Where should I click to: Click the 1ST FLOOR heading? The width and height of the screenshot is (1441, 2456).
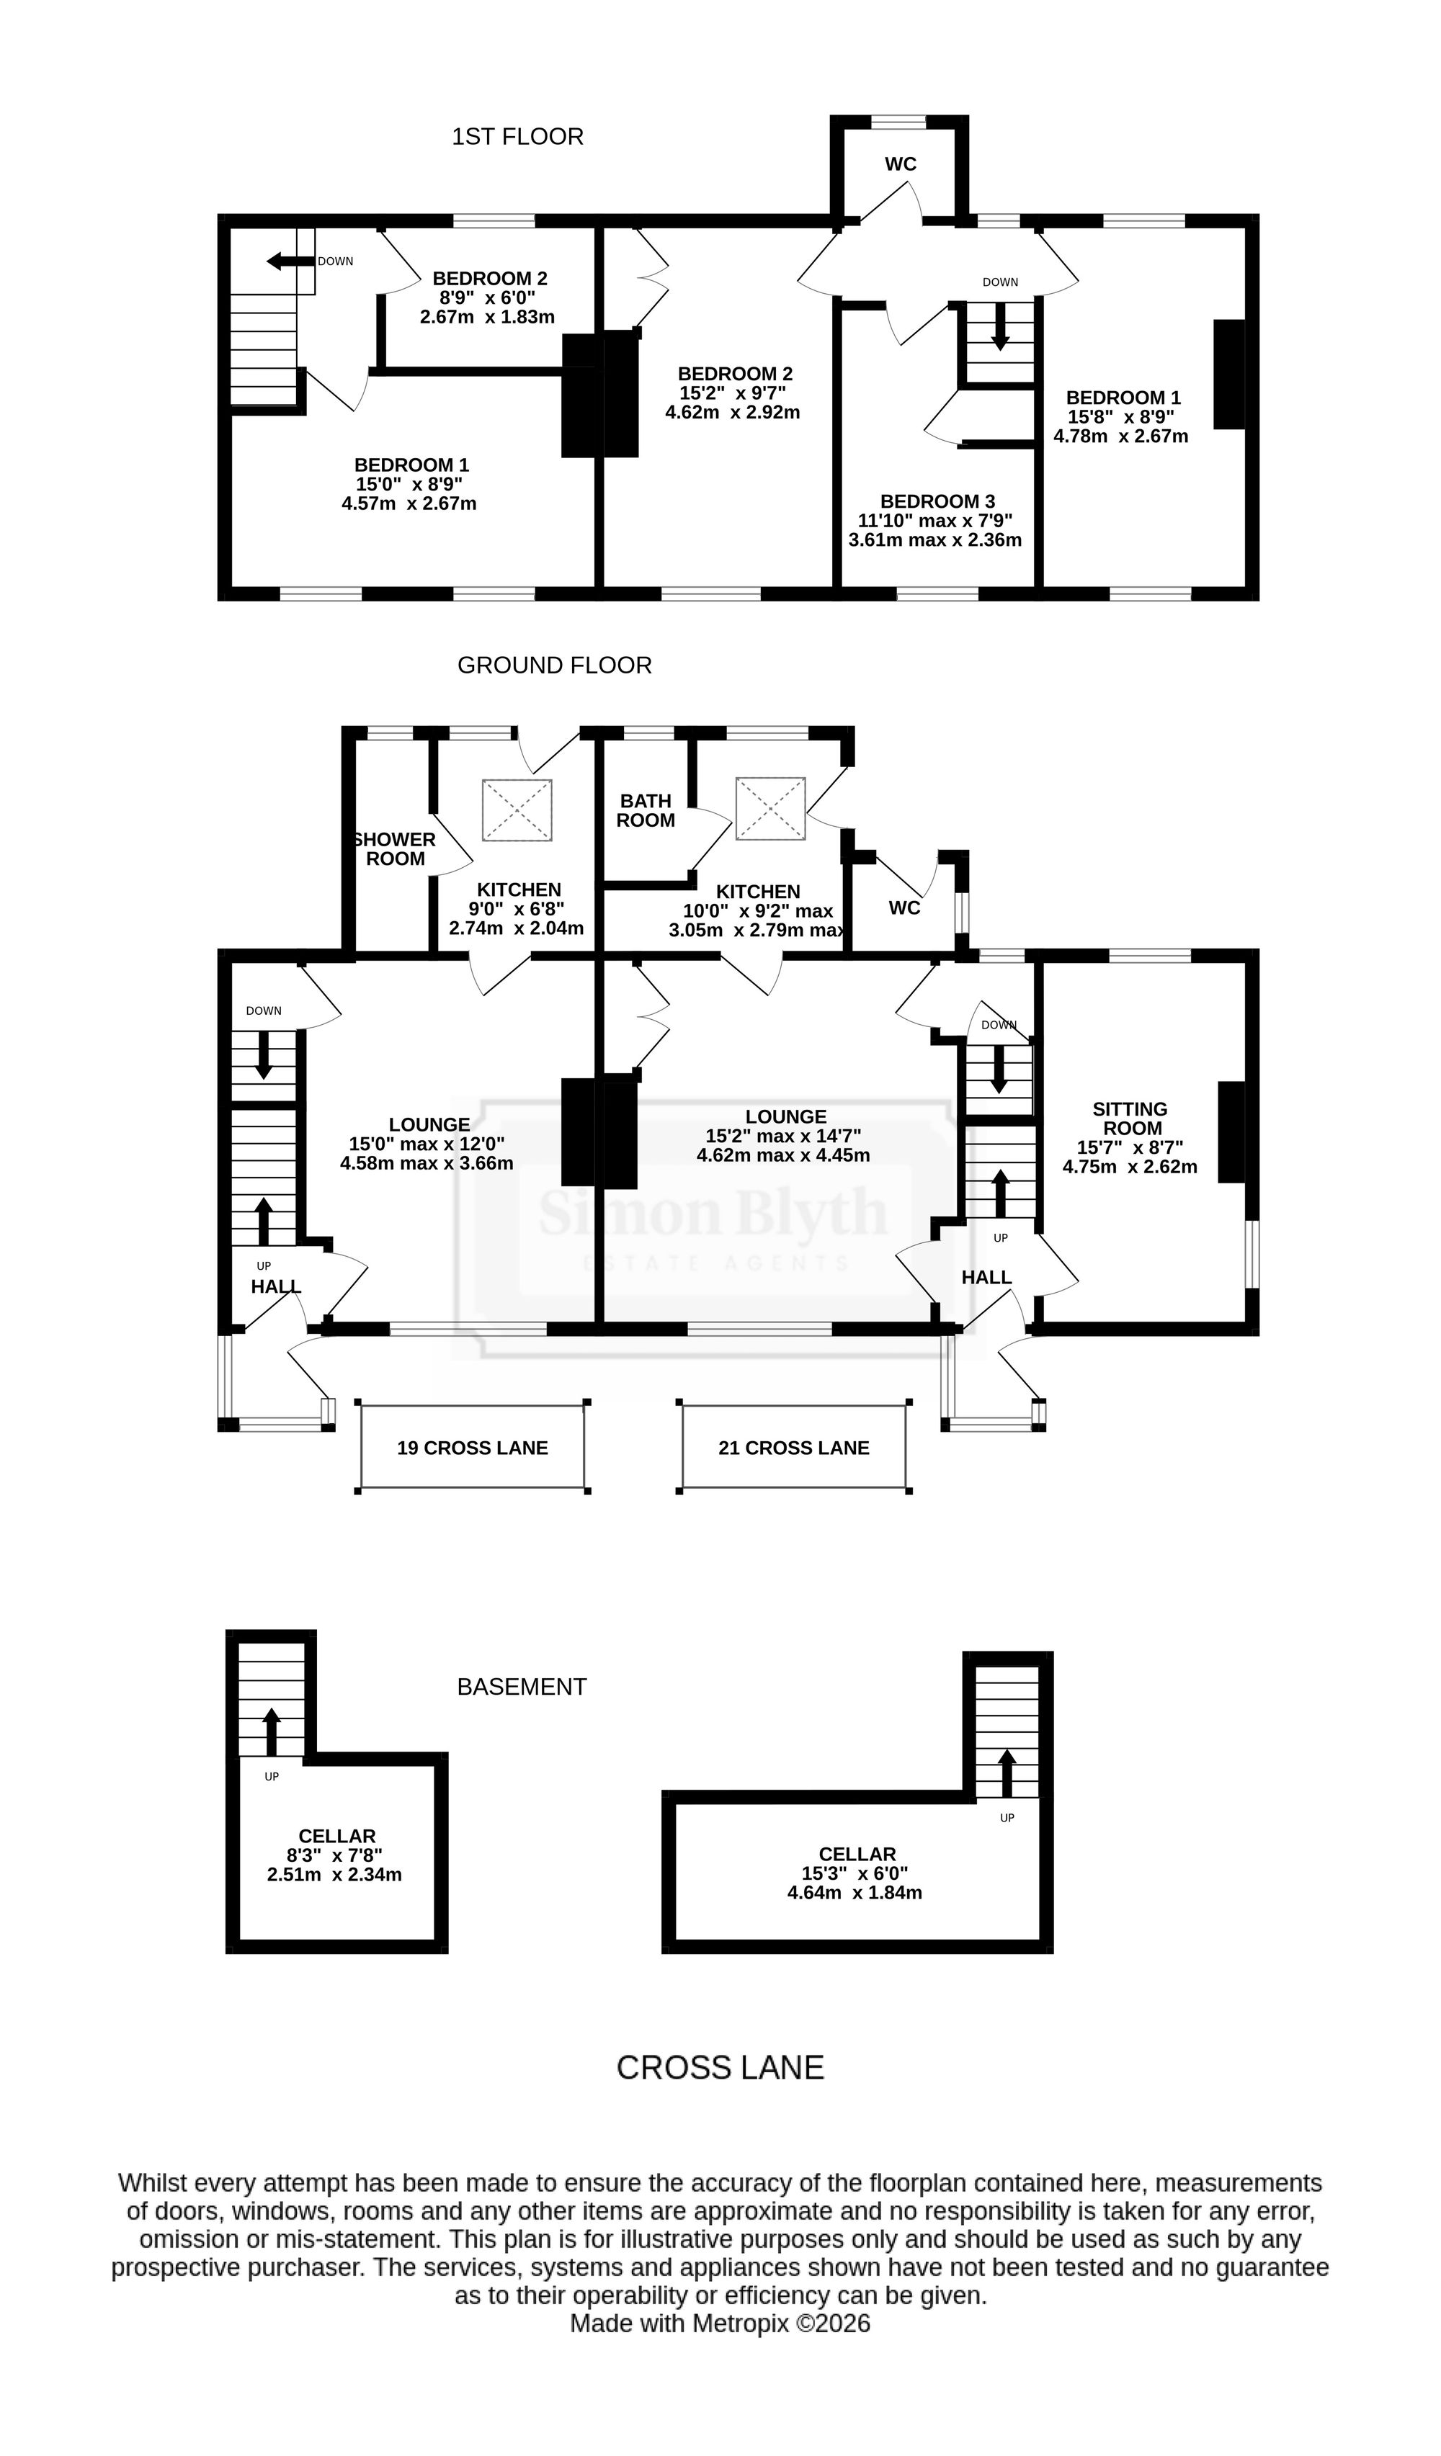pyautogui.click(x=518, y=136)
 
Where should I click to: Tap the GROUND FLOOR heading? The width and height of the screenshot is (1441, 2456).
pyautogui.click(x=555, y=665)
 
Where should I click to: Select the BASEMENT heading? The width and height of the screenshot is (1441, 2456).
pyautogui.click(x=522, y=1686)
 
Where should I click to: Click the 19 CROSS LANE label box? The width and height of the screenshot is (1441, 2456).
pyautogui.click(x=473, y=1447)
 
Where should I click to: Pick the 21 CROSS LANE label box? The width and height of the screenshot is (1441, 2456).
pyautogui.click(x=793, y=1447)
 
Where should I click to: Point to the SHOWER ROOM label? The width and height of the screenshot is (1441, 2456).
pyautogui.click(x=395, y=849)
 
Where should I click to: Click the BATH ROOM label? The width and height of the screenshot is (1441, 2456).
pyautogui.click(x=646, y=811)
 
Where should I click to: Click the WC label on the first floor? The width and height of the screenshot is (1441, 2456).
pyautogui.click(x=901, y=163)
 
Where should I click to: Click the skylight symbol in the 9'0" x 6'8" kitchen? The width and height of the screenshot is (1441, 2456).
pyautogui.click(x=517, y=809)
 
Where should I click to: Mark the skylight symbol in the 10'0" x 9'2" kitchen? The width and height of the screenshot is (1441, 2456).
pyautogui.click(x=770, y=808)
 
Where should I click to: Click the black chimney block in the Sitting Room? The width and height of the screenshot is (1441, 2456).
pyautogui.click(x=1231, y=1131)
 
